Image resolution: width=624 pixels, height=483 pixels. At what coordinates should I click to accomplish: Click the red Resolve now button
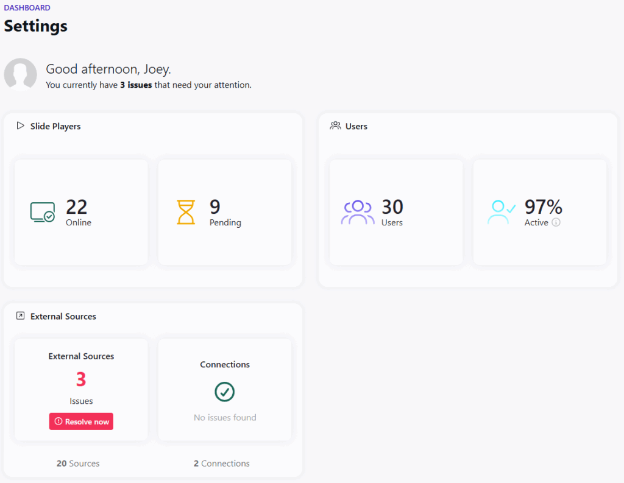[81, 421]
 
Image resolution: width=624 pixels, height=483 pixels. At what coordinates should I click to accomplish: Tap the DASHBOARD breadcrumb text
[27, 8]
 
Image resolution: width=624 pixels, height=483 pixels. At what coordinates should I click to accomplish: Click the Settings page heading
[36, 26]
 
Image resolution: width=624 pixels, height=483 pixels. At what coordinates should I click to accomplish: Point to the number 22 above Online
[77, 206]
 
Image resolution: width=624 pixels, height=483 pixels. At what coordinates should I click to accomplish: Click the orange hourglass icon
[186, 212]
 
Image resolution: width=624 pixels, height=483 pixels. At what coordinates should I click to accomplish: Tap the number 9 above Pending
[215, 206]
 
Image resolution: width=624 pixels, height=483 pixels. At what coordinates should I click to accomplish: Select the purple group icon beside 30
[358, 212]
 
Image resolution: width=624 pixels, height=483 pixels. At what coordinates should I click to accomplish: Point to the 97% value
[543, 206]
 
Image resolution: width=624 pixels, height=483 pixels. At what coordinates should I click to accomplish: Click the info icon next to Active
[556, 222]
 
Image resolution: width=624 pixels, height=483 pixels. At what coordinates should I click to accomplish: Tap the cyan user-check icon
[501, 212]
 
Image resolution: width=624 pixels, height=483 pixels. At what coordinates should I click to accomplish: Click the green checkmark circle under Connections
[225, 392]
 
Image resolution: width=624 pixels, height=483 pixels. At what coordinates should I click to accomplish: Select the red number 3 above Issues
[81, 379]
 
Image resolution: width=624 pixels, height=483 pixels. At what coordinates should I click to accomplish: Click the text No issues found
[225, 418]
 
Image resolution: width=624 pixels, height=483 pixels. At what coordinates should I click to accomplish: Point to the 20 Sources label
[78, 464]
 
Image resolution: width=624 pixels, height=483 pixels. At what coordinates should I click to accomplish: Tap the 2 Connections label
[222, 464]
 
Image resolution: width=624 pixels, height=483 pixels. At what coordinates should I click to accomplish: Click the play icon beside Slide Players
[21, 126]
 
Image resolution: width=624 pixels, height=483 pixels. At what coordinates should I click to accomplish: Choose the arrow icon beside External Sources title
[21, 316]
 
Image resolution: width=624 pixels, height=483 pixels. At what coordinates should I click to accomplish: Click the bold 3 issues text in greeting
[136, 85]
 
